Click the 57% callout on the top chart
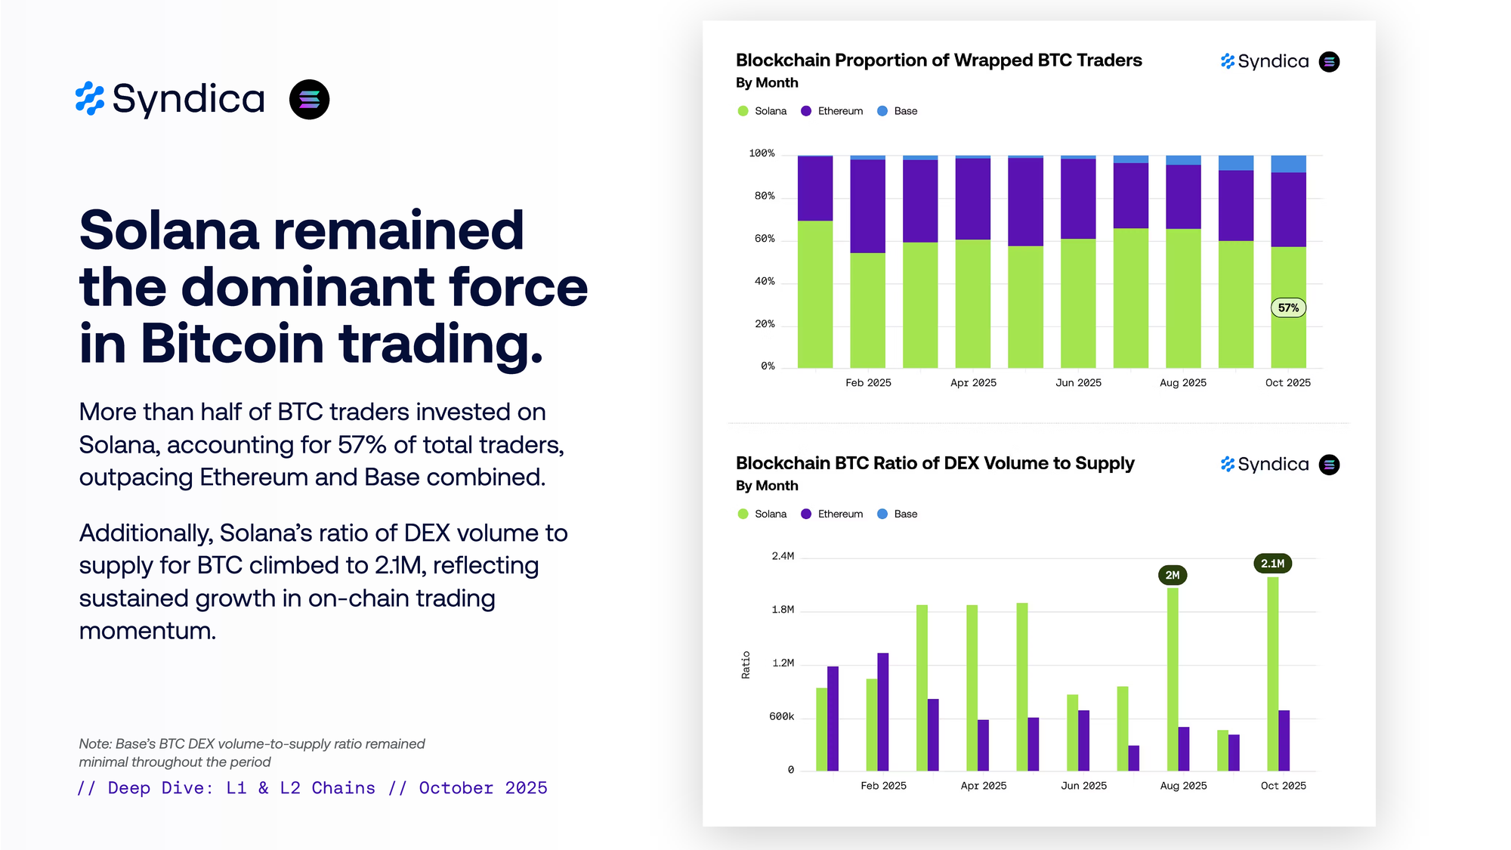tap(1288, 308)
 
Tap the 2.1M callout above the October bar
tap(1272, 564)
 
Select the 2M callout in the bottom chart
tap(1173, 575)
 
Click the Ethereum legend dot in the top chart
tap(806, 111)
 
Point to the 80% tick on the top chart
tap(765, 196)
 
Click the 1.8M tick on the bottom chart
tap(783, 610)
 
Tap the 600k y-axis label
tap(781, 716)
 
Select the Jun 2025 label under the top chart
tap(1078, 383)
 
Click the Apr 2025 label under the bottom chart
tap(983, 786)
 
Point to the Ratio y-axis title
tap(746, 665)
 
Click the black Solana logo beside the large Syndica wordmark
tap(309, 100)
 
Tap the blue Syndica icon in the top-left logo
tap(90, 99)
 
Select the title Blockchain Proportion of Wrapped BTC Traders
tap(938, 60)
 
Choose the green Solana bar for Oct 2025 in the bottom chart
tap(1273, 672)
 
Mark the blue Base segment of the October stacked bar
tap(1288, 164)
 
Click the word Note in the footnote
tap(94, 744)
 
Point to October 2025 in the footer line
tap(483, 788)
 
